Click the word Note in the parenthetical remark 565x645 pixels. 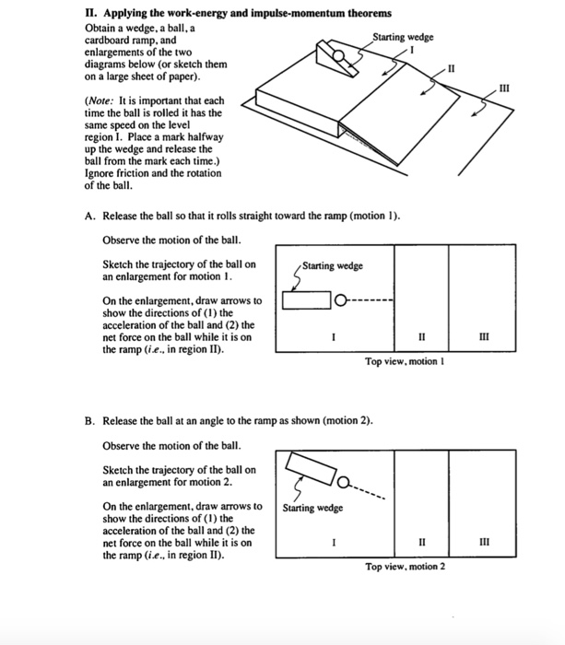tap(104, 100)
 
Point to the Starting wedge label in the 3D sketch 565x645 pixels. tap(402, 37)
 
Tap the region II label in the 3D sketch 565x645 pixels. tap(450, 69)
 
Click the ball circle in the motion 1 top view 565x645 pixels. tap(340, 300)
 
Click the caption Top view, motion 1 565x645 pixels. tap(405, 362)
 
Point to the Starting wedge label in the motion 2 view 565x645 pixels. tap(312, 508)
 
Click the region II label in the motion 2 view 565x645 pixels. tap(420, 543)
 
